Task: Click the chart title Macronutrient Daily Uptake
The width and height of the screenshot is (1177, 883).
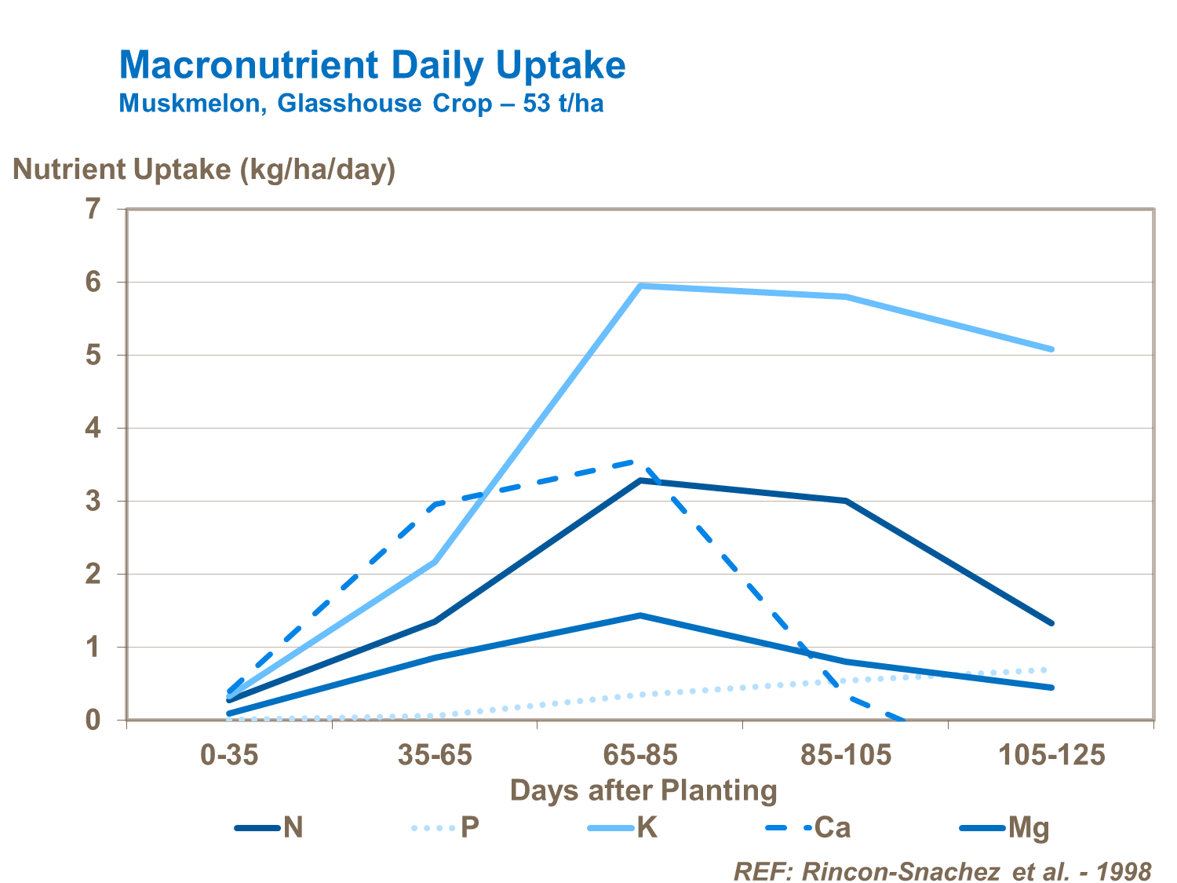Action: point(372,66)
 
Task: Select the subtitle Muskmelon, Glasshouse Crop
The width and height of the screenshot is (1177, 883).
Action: point(361,104)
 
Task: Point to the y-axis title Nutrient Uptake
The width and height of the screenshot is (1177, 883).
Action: point(204,169)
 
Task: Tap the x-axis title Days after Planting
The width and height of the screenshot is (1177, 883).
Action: point(643,790)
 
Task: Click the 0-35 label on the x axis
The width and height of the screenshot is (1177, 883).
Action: point(228,756)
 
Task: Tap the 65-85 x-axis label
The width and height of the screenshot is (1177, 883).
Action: point(640,756)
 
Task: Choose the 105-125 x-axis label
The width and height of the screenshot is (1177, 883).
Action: point(1051,756)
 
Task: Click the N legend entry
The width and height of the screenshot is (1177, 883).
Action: point(271,827)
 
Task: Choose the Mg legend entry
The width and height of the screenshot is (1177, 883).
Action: point(1005,827)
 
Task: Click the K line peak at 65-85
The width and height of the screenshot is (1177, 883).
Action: point(640,286)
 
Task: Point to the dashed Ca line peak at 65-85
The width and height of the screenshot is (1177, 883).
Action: point(640,462)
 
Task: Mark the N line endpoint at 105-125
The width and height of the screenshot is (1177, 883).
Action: point(1051,623)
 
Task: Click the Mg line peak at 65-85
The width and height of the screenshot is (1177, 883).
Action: point(640,615)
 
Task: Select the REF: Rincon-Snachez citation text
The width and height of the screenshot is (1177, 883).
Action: point(942,871)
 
